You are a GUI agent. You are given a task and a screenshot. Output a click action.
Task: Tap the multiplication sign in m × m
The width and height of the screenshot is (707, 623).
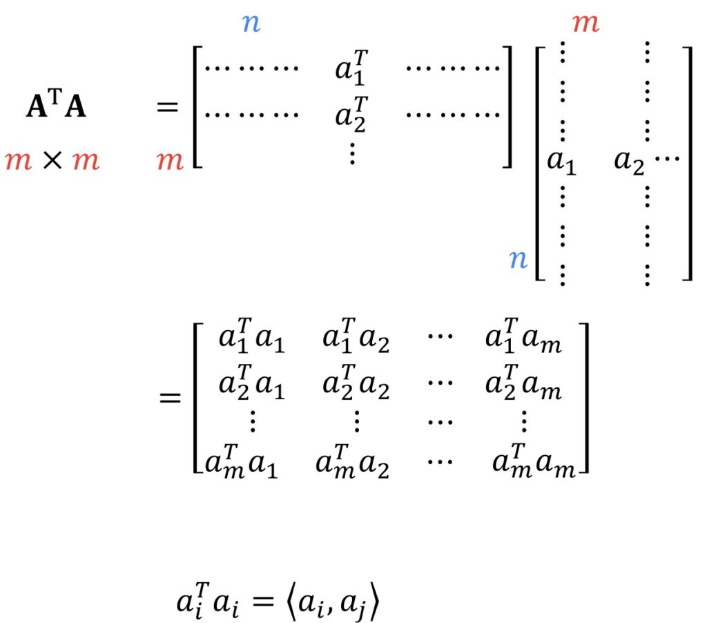tap(52, 162)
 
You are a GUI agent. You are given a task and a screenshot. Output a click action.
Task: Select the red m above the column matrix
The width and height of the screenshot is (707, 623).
tap(585, 24)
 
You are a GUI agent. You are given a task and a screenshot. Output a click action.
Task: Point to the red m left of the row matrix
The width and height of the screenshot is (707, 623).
tap(170, 162)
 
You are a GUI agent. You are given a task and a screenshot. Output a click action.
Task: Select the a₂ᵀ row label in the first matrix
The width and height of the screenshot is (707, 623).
tap(351, 115)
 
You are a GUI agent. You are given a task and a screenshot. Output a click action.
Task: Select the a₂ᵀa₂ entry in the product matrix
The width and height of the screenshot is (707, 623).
tap(356, 386)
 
